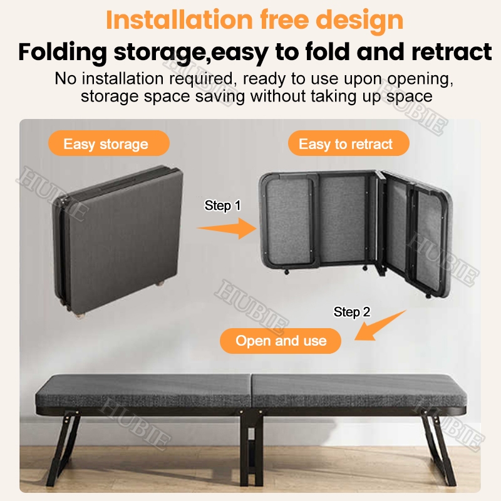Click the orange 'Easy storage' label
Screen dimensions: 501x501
pyautogui.click(x=108, y=143)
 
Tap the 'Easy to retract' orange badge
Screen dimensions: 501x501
pyautogui.click(x=349, y=143)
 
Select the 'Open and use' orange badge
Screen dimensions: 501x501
pyautogui.click(x=281, y=341)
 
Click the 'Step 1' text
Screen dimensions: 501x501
pyautogui.click(x=222, y=205)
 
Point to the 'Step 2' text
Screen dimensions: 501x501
pyautogui.click(x=352, y=312)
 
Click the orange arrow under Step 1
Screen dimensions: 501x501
pyautogui.click(x=227, y=228)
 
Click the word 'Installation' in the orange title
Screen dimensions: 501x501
pyautogui.click(x=179, y=20)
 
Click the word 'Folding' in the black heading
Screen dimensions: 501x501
pyautogui.click(x=63, y=53)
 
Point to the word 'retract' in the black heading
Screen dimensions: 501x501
pyautogui.click(x=452, y=51)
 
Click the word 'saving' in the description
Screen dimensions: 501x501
pyautogui.click(x=220, y=97)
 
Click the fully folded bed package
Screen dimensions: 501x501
pyautogui.click(x=118, y=240)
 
